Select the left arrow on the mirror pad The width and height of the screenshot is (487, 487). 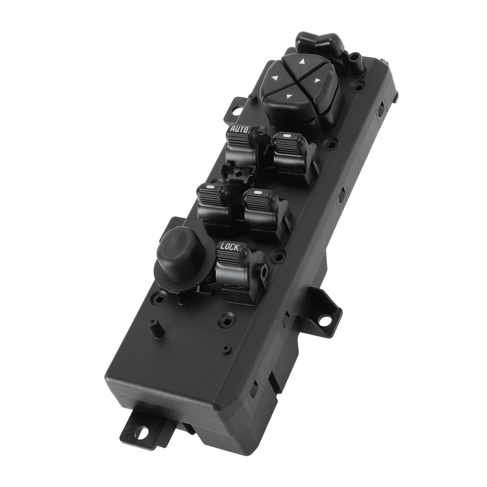coord(273,78)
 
